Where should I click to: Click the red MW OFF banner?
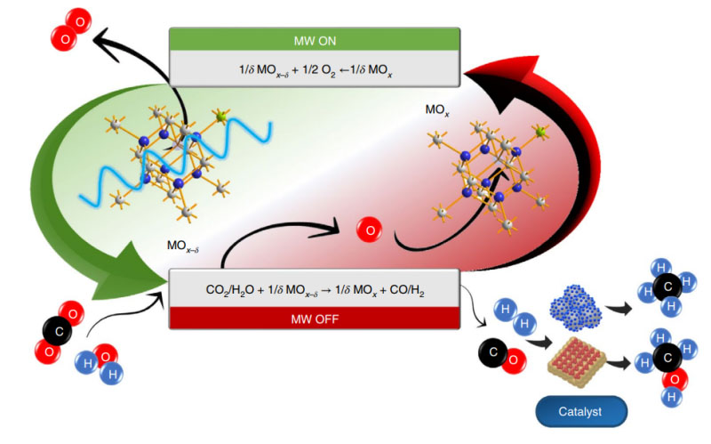click(x=314, y=317)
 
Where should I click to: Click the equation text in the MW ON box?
click(x=314, y=68)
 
